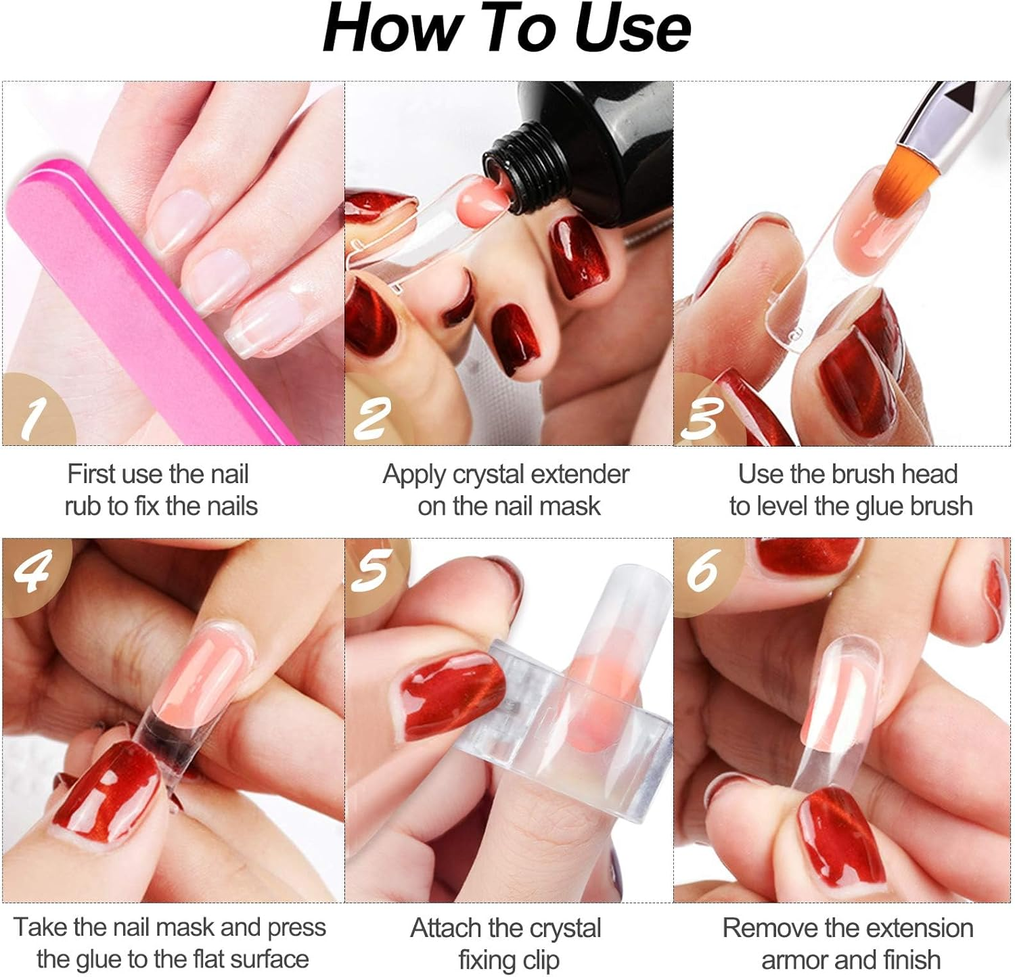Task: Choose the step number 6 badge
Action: coord(704,570)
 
